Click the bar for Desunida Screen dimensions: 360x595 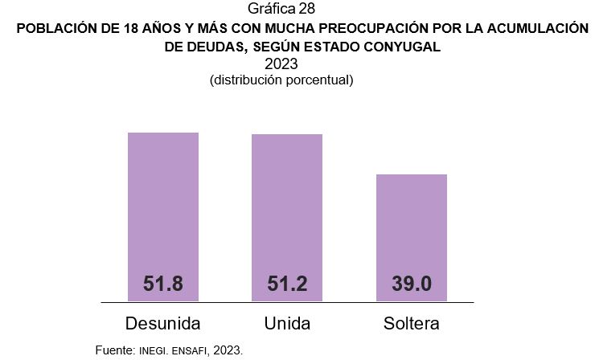click(x=163, y=209)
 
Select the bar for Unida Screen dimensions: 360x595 click(x=287, y=209)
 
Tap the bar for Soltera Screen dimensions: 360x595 click(x=411, y=229)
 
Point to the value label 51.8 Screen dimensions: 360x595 click(x=163, y=284)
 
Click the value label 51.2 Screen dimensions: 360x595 click(x=287, y=284)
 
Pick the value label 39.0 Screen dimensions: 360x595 click(x=411, y=284)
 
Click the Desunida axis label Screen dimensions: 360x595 click(x=163, y=324)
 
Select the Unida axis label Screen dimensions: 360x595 click(x=287, y=324)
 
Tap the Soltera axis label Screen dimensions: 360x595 click(x=411, y=324)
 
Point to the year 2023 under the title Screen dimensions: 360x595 click(x=281, y=64)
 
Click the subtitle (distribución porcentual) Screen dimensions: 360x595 click(x=281, y=80)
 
